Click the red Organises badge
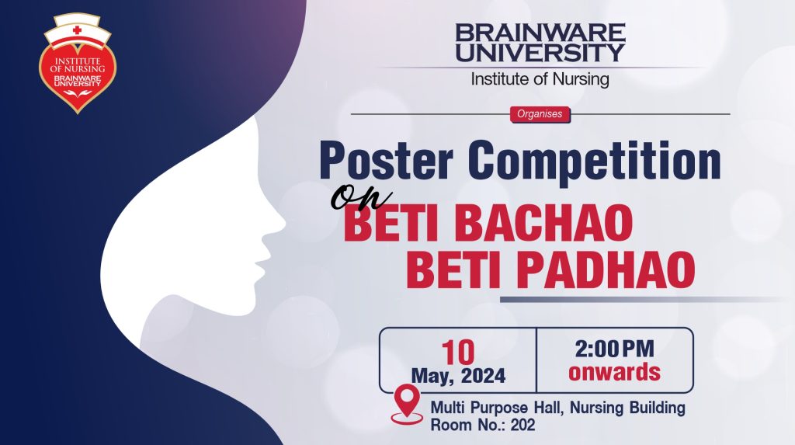tap(540, 114)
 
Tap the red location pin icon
tap(407, 403)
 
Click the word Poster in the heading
tap(386, 161)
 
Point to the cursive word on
tap(360, 197)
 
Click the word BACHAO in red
tap(543, 223)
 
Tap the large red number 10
tap(458, 352)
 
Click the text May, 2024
tap(458, 376)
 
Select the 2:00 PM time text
tap(615, 349)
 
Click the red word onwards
tap(615, 372)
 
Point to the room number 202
tap(522, 425)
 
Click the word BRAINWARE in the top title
tap(540, 33)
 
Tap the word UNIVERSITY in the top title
tap(540, 53)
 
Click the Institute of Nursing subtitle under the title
tap(540, 79)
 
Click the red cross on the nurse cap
tap(77, 30)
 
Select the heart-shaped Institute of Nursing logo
tap(78, 64)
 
